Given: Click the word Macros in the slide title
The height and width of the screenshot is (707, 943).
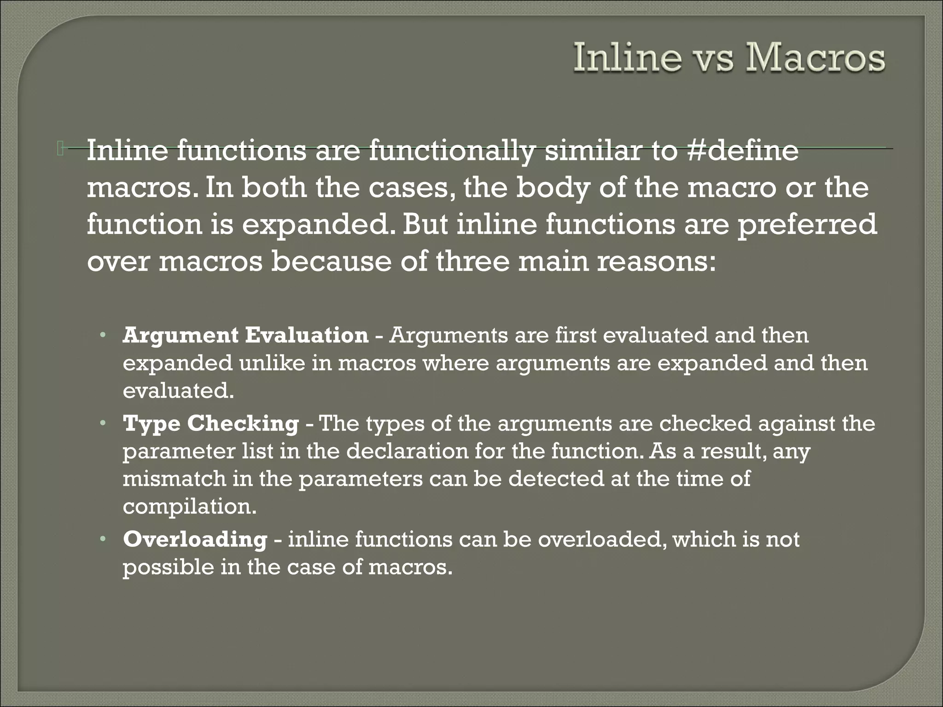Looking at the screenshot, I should tap(814, 59).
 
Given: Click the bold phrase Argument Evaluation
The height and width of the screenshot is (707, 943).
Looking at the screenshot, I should tap(245, 335).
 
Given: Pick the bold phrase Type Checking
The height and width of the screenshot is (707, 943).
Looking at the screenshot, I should tap(211, 423).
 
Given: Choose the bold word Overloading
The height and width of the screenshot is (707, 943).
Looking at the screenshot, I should tap(195, 539).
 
